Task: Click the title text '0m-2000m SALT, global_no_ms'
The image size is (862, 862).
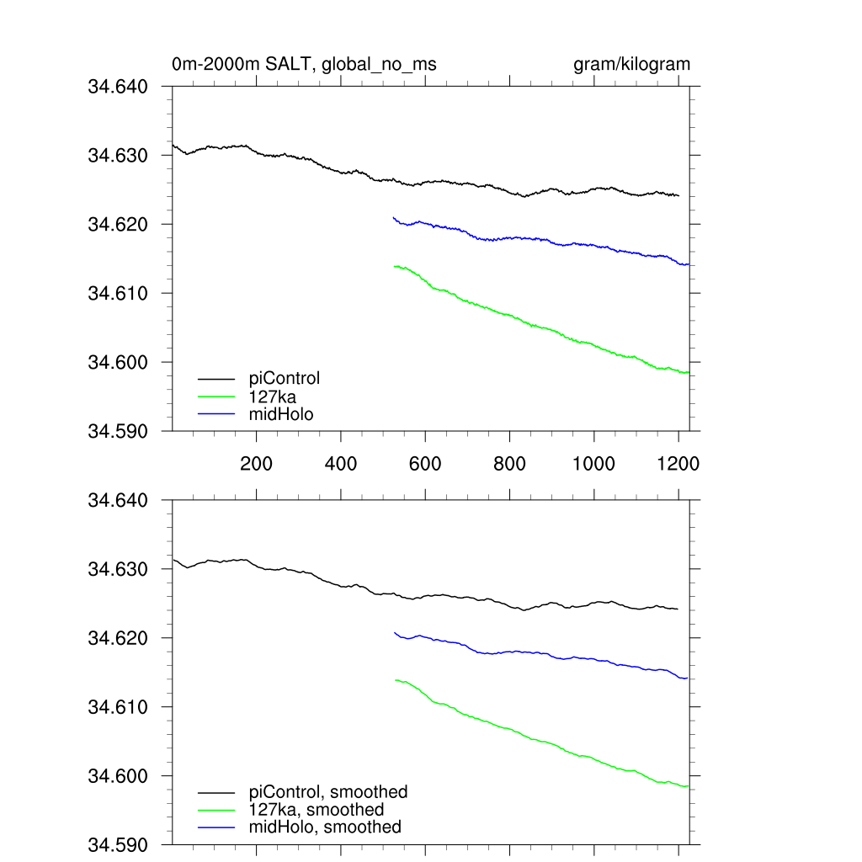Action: coord(304,64)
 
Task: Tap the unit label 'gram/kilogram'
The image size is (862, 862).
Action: coord(631,64)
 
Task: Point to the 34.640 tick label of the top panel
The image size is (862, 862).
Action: coord(118,86)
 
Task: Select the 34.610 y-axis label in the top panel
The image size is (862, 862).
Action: coord(118,293)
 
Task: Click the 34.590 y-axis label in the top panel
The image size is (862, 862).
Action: coord(118,431)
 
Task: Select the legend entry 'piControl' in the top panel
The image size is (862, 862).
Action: coord(285,378)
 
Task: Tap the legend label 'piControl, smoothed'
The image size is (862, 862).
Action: coord(328,792)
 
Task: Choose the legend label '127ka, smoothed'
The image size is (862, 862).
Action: coord(317,810)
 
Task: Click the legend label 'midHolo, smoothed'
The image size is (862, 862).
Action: coord(325,827)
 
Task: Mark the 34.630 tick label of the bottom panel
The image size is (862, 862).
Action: coord(118,569)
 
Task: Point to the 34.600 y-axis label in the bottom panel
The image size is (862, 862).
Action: coord(118,776)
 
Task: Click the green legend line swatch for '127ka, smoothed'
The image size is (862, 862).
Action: coord(216,810)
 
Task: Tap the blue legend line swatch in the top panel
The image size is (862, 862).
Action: coord(216,413)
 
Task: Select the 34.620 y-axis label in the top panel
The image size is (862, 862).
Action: coord(118,224)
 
